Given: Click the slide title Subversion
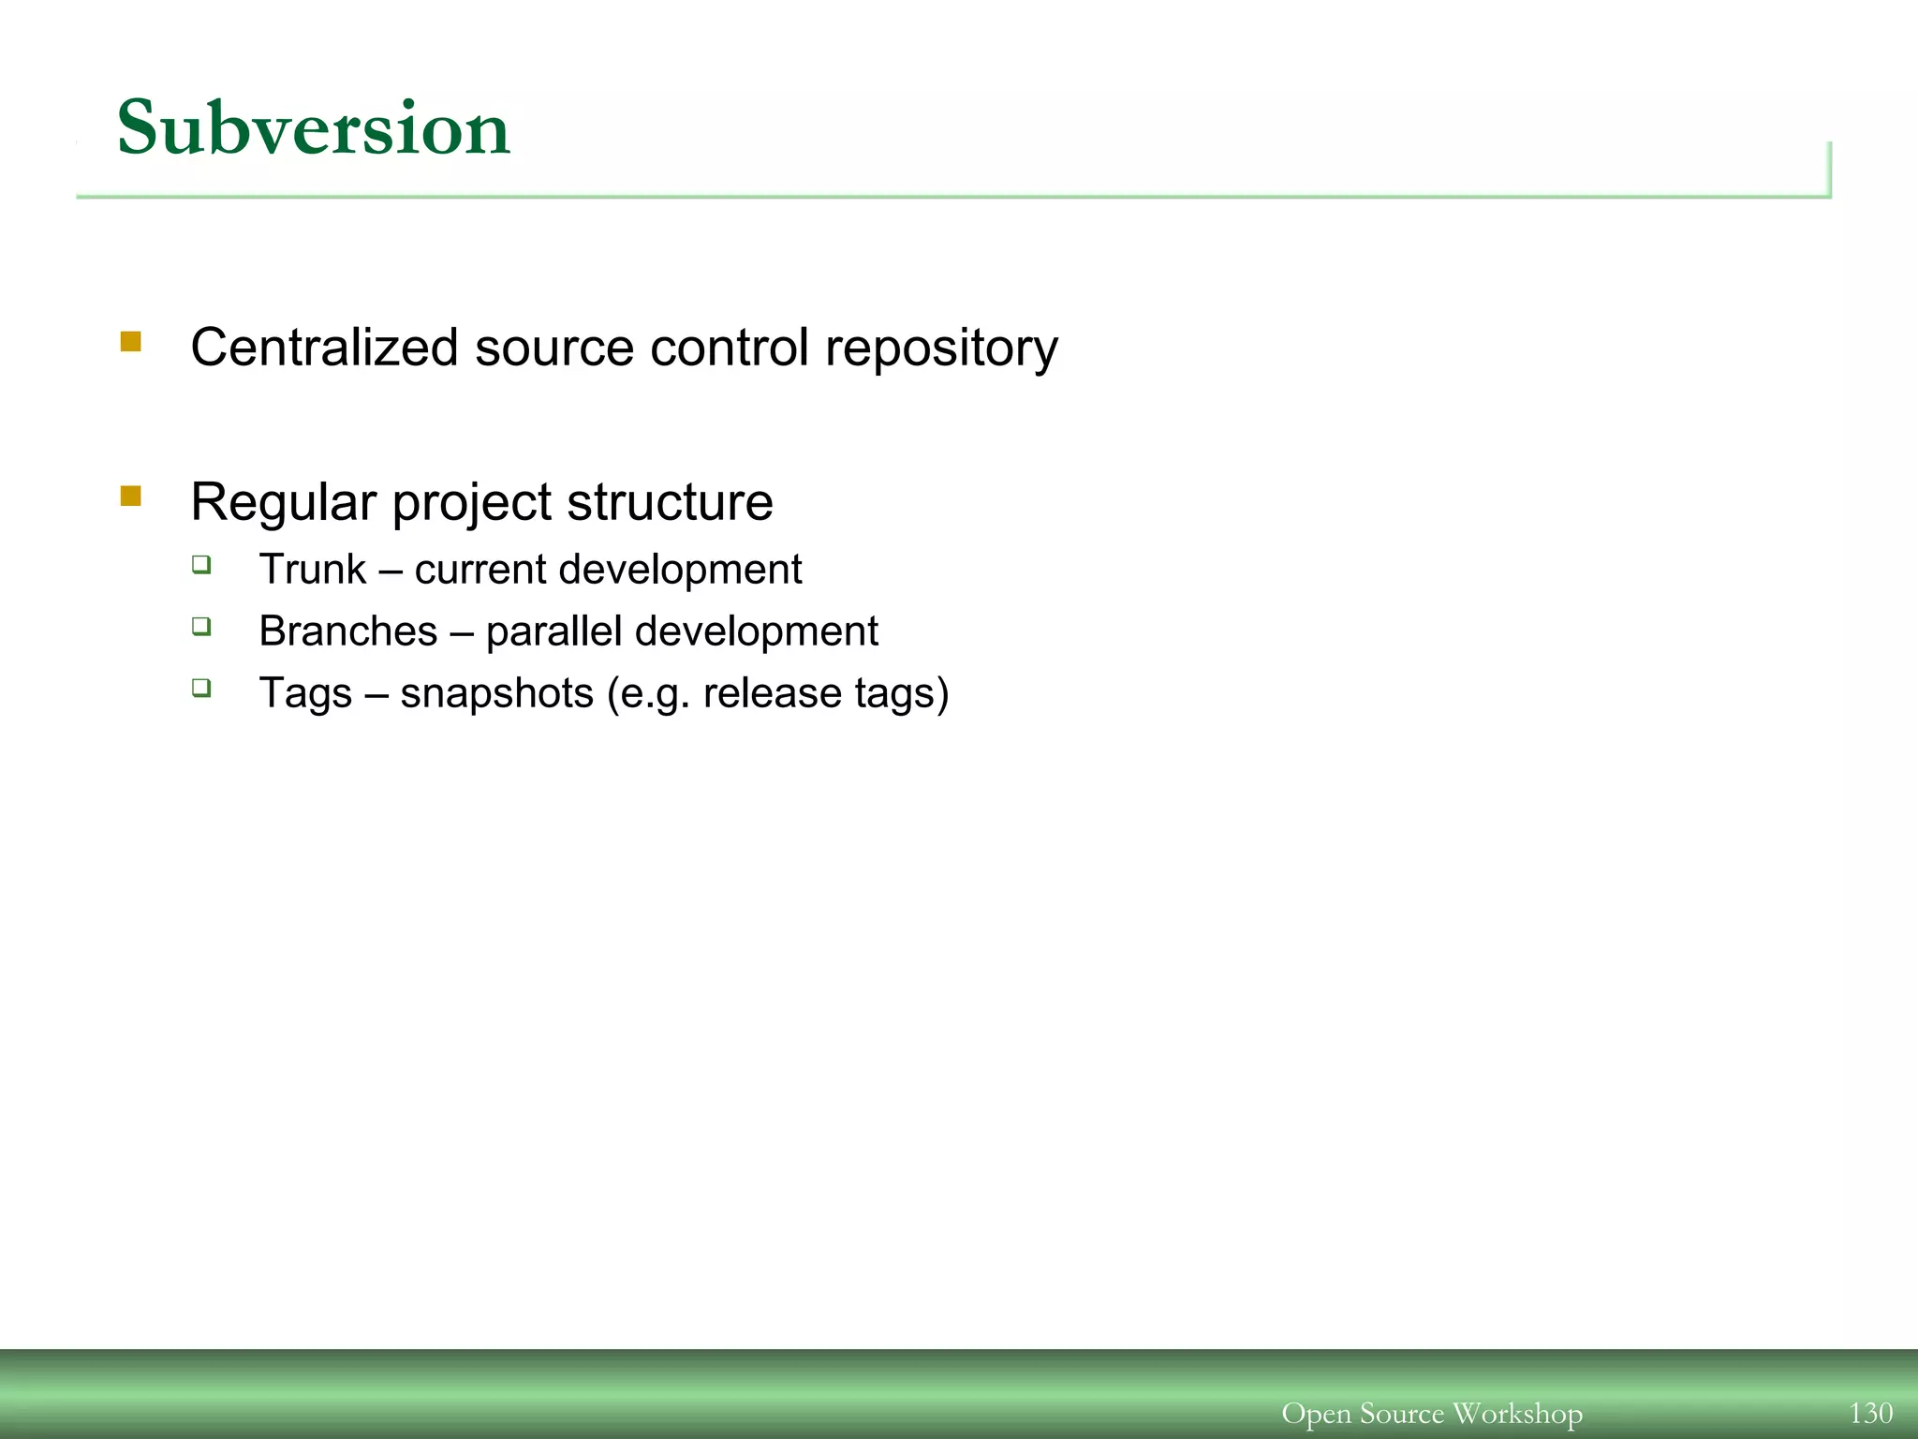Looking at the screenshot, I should click(x=313, y=128).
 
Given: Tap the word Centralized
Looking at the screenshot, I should click(x=324, y=348).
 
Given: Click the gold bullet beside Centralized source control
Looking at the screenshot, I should click(x=131, y=341).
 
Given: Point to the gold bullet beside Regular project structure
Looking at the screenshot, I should click(x=131, y=496).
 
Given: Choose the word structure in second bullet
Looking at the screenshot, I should click(x=670, y=502).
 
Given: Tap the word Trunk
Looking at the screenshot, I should click(x=312, y=570).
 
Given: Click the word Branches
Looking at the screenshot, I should click(x=347, y=631).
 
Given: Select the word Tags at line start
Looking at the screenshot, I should click(x=305, y=694).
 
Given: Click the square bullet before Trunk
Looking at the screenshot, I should click(x=201, y=564).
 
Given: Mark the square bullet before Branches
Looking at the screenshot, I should click(x=201, y=626).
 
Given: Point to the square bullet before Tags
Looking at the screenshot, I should click(x=201, y=688).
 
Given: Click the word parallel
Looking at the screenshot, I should click(x=553, y=631).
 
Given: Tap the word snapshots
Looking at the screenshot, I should click(x=496, y=694).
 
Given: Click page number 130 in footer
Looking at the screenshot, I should click(x=1870, y=1413).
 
